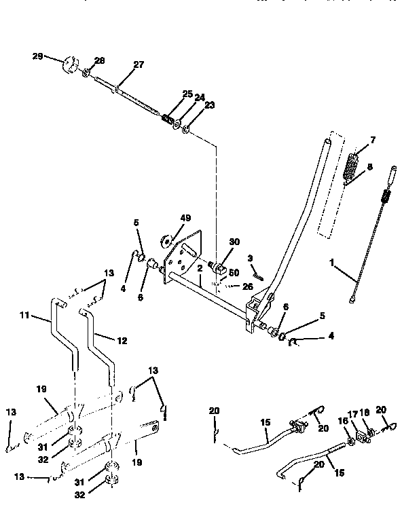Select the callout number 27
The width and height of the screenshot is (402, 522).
pyautogui.click(x=139, y=65)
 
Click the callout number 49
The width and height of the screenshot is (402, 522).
pyautogui.click(x=185, y=218)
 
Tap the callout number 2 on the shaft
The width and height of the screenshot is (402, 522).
pyautogui.click(x=200, y=269)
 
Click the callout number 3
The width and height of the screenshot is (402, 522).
pyautogui.click(x=250, y=258)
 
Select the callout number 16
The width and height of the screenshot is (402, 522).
pyautogui.click(x=343, y=421)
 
